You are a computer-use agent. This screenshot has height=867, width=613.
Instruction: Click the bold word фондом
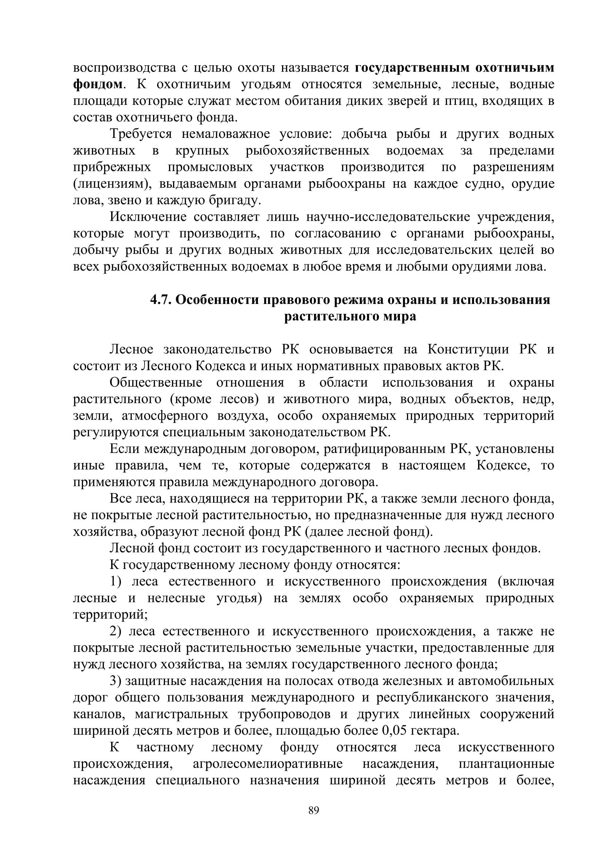(x=98, y=84)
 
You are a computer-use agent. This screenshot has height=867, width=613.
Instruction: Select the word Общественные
(x=156, y=383)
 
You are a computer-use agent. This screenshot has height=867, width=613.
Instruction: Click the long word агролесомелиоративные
(x=268, y=764)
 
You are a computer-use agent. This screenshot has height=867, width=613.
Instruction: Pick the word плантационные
(x=506, y=764)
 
